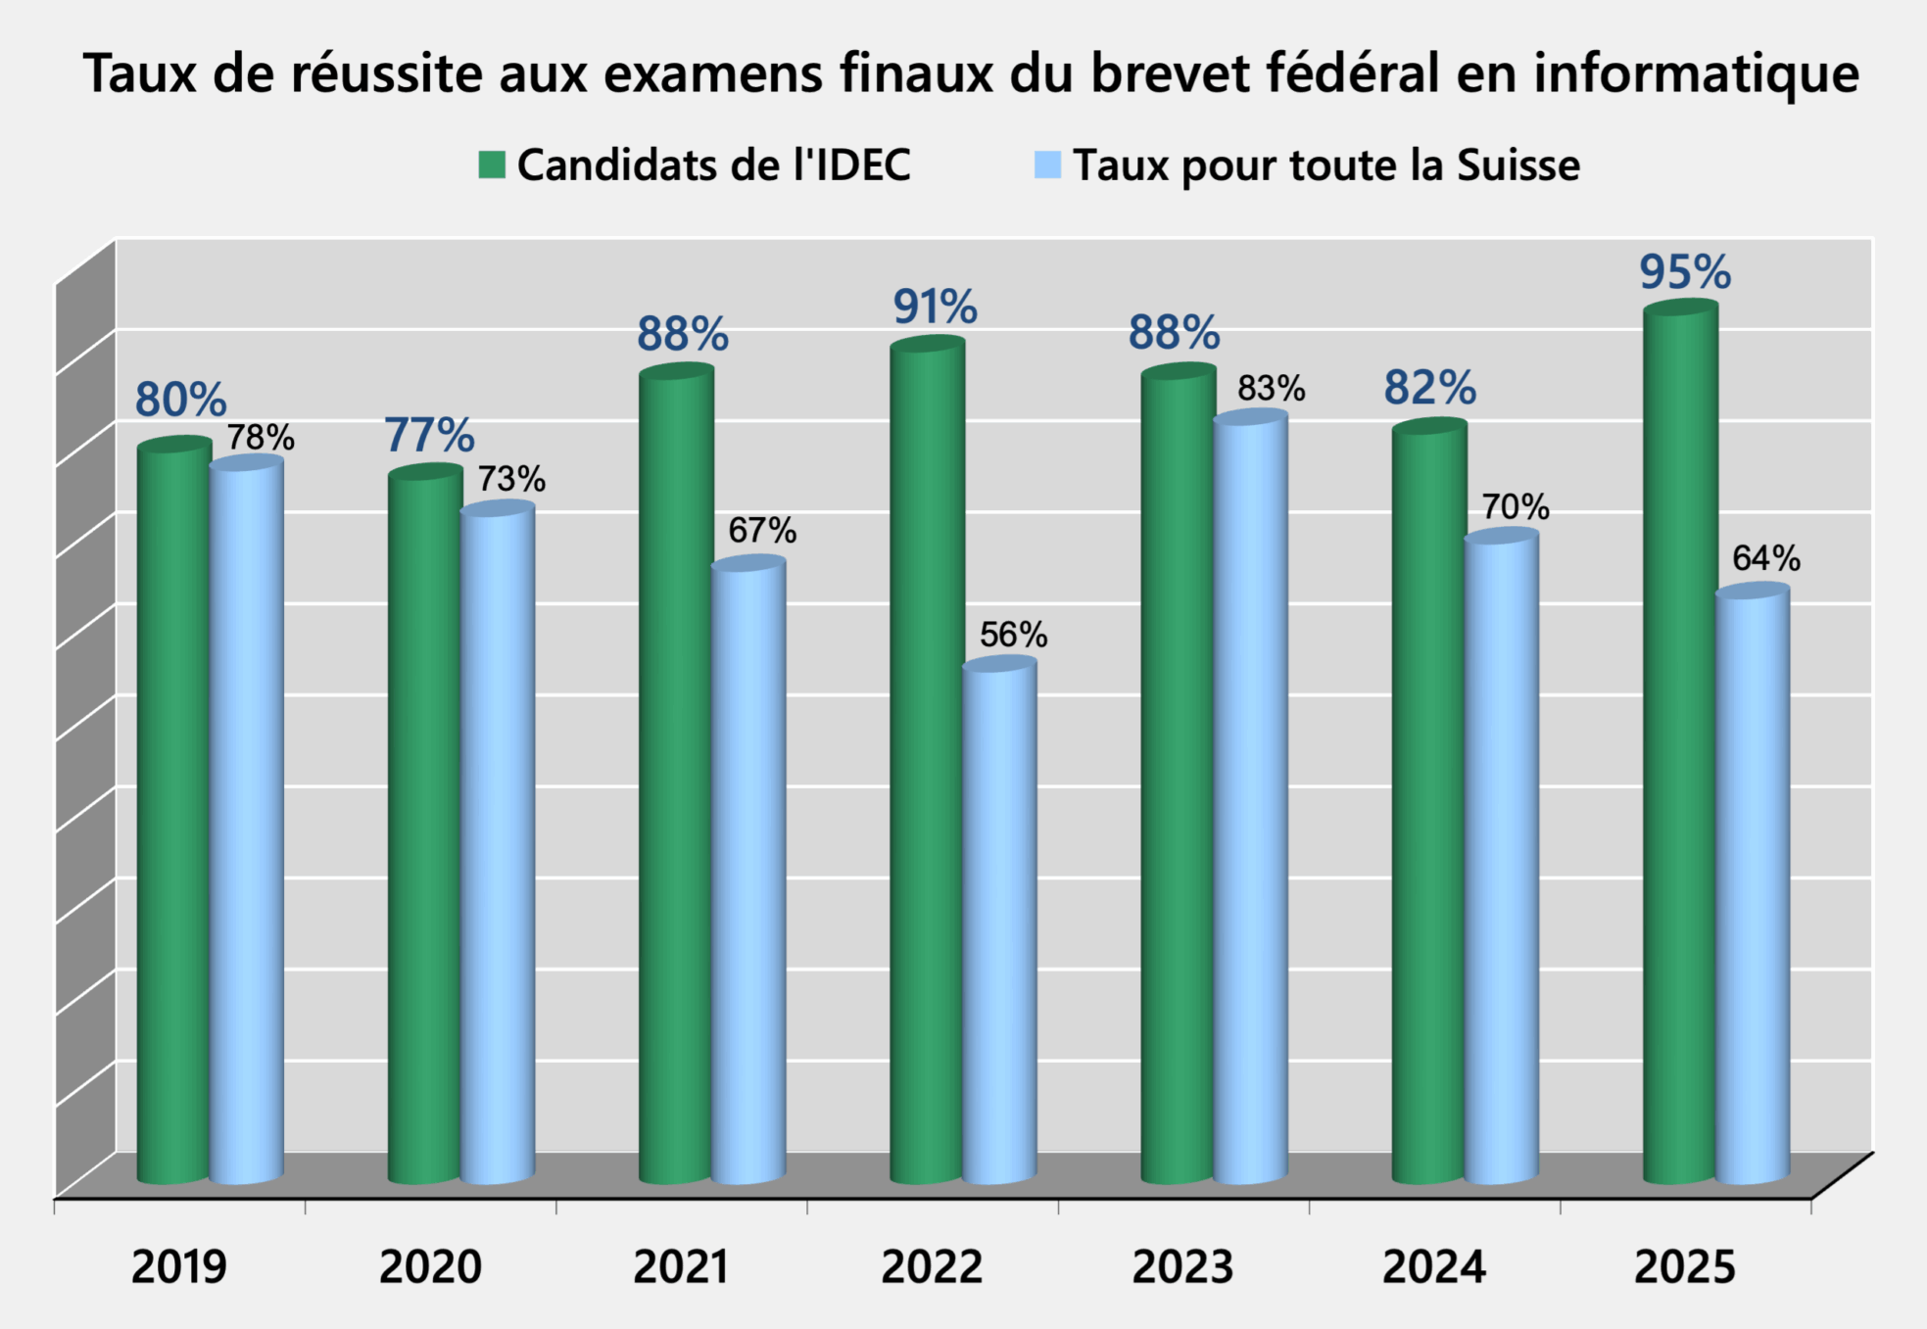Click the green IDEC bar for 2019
[x=173, y=813]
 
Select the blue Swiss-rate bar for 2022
[x=999, y=921]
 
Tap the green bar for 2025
[x=1679, y=744]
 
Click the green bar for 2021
[x=675, y=774]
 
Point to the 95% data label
[x=1685, y=272]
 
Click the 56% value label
[x=1013, y=635]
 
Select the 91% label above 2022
[x=935, y=308]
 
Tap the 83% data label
[x=1271, y=389]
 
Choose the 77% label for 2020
[x=429, y=436]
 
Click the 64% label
[x=1765, y=558]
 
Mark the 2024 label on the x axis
[x=1433, y=1267]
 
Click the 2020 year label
[x=430, y=1267]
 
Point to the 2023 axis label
[x=1182, y=1267]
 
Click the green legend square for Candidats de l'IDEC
[x=492, y=165]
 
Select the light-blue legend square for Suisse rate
[x=1047, y=165]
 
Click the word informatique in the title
[x=1696, y=73]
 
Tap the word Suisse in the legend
[x=1518, y=165]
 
